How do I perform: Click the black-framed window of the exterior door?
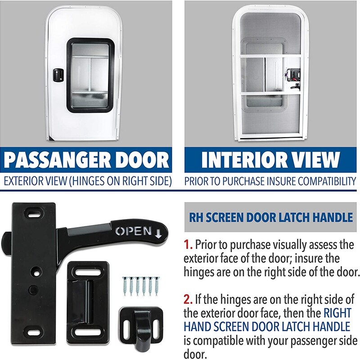(x=91, y=74)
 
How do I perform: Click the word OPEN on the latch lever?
(x=133, y=231)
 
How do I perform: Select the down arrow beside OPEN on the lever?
(x=158, y=232)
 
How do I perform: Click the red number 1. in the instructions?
(x=188, y=245)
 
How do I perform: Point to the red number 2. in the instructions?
(x=188, y=299)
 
